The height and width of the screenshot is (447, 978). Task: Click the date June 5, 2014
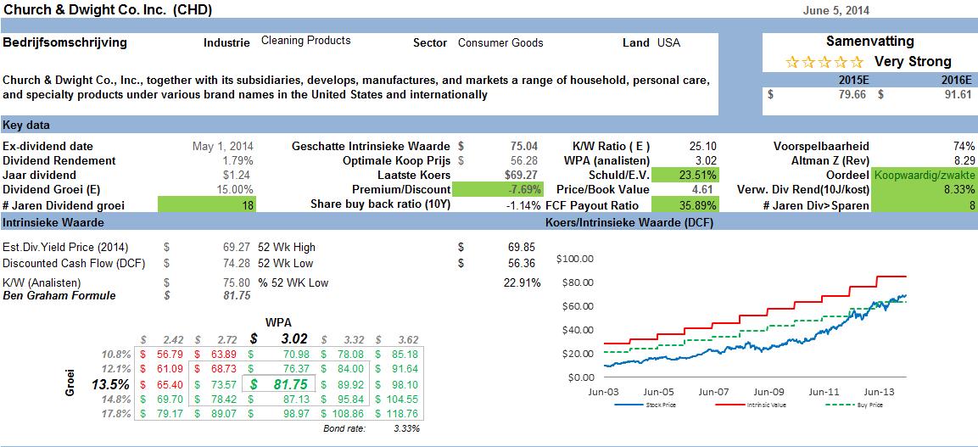coord(835,10)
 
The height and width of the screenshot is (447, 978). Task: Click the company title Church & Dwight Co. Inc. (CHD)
coord(108,10)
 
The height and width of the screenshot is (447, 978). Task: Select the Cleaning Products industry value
coord(305,41)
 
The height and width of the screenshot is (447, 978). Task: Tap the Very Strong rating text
coord(913,61)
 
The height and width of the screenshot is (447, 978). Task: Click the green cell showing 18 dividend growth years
coord(207,204)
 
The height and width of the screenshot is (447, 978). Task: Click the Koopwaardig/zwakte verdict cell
coord(925,175)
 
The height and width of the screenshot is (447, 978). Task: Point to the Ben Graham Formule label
coord(59,296)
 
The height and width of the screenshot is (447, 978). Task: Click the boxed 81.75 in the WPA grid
coord(278,384)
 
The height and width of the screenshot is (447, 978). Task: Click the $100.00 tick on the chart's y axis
coord(575,258)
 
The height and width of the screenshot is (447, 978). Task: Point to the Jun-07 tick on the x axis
coord(713,393)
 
